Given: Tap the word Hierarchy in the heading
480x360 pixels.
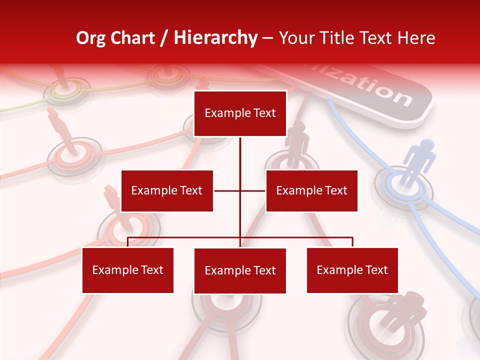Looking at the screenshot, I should [x=215, y=38].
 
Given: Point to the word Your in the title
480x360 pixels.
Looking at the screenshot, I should [x=296, y=38].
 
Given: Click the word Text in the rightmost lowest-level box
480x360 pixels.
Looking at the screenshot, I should [x=375, y=270].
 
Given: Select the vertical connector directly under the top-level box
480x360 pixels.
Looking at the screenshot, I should [x=240, y=155].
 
